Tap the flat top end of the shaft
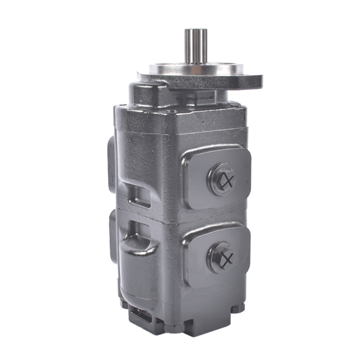(196, 31)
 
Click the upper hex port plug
(221, 178)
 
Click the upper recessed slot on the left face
(139, 195)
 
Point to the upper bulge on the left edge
(112, 159)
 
